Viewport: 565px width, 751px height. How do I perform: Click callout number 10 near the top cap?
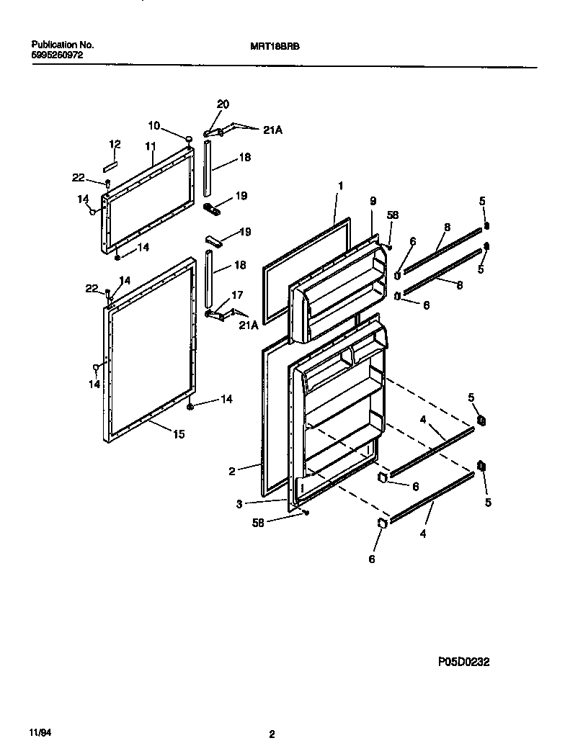tap(154, 125)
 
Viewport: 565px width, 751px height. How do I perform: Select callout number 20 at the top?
tap(223, 104)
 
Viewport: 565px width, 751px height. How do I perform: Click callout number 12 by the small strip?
tap(114, 145)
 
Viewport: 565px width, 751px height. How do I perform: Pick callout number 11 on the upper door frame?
tap(150, 147)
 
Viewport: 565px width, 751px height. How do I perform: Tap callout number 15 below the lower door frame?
tap(178, 433)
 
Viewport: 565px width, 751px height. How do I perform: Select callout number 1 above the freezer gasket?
tap(340, 186)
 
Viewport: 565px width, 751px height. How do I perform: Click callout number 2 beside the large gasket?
tap(232, 471)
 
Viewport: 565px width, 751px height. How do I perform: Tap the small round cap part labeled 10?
tap(189, 139)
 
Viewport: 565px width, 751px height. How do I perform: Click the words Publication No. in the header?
tap(63, 45)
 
